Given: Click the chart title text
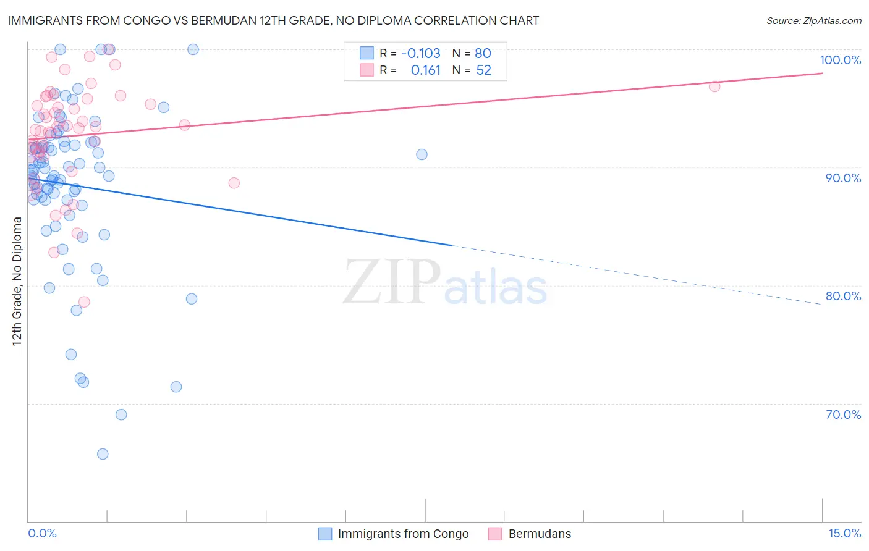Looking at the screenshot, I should [x=273, y=20].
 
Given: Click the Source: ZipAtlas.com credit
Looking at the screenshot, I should [x=813, y=20].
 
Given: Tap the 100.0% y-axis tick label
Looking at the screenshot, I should [x=840, y=60].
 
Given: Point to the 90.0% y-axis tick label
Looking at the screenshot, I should [x=843, y=178].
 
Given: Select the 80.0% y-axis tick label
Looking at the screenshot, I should [x=843, y=296].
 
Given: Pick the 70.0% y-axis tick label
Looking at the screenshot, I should [x=843, y=414].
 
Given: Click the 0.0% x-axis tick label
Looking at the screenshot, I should [x=42, y=533].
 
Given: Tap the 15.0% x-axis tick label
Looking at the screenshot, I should [x=844, y=533].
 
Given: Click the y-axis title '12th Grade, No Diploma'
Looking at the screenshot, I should [x=17, y=281].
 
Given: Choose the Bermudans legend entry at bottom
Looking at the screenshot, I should [x=540, y=534].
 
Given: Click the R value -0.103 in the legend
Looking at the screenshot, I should [x=420, y=53].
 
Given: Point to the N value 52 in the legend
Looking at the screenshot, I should [x=483, y=70].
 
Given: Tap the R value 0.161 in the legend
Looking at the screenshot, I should [x=425, y=70].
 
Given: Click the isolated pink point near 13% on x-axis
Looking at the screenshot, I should [x=714, y=86].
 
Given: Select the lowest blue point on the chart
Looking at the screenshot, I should [x=103, y=454].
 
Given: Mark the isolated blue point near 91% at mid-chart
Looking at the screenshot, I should [x=422, y=154].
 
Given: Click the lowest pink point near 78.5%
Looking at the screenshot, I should [x=84, y=302].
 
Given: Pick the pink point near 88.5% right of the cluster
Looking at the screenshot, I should [x=234, y=183].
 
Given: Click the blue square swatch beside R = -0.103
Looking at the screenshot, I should [x=367, y=53].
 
